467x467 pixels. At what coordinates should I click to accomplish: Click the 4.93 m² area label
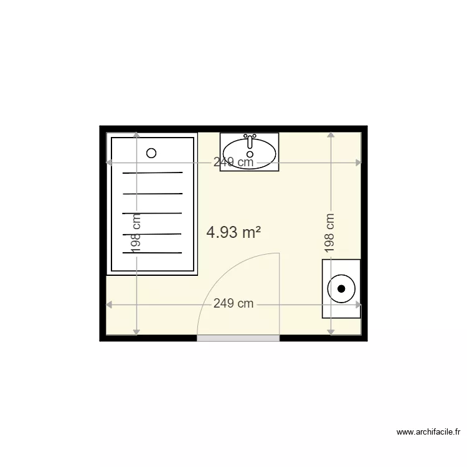click(x=233, y=233)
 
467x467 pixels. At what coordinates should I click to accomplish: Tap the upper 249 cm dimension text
click(x=233, y=163)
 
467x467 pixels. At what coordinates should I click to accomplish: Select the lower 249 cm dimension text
click(x=233, y=304)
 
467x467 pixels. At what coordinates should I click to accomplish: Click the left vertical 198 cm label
click(x=136, y=233)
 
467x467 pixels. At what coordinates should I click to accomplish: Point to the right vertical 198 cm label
click(x=330, y=233)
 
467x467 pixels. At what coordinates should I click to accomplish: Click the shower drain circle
click(x=151, y=153)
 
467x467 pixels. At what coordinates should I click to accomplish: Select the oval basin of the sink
click(x=250, y=152)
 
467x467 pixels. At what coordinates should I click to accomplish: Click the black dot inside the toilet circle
click(x=341, y=288)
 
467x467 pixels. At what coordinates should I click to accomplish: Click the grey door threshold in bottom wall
click(x=238, y=338)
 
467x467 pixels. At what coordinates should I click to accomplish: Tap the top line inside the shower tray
click(x=153, y=172)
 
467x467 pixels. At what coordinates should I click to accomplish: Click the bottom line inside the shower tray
click(x=153, y=253)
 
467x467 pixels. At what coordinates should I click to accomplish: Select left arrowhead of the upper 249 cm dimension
click(x=108, y=163)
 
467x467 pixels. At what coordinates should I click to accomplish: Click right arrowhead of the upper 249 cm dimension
click(x=358, y=163)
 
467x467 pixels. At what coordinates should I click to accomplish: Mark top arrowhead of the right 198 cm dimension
click(x=330, y=134)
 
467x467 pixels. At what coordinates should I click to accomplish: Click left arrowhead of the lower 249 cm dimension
click(x=108, y=304)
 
